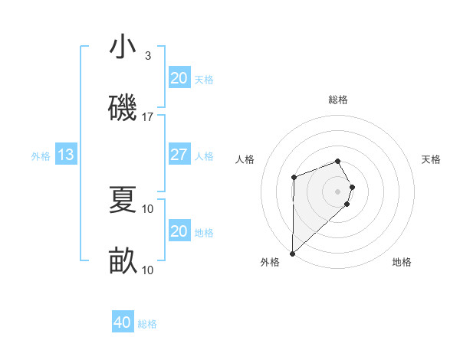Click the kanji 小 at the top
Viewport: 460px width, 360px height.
click(x=123, y=47)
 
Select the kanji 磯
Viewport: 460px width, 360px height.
click(x=123, y=107)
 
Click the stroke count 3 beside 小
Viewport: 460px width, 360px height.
click(x=148, y=56)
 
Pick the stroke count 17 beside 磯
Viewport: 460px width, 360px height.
click(x=148, y=116)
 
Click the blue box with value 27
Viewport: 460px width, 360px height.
click(x=179, y=155)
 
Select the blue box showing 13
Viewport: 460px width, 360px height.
click(x=66, y=155)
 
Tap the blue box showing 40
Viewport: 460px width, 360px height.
click(x=122, y=322)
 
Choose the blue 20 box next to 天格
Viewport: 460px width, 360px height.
click(x=179, y=78)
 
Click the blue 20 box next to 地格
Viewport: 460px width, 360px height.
click(x=179, y=231)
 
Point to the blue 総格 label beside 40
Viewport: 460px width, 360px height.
click(x=147, y=324)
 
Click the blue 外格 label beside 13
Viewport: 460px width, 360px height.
click(x=41, y=156)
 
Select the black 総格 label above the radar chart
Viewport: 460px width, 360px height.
click(x=338, y=100)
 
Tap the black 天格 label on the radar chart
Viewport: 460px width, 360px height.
click(x=432, y=159)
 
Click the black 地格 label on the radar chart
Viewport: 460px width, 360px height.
click(x=402, y=262)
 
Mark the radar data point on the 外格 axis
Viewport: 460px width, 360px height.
click(x=292, y=253)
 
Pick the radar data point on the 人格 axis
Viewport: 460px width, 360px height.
click(x=294, y=178)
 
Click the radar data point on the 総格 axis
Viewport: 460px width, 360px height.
click(x=338, y=161)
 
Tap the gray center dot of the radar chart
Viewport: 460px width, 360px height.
click(x=338, y=191)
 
